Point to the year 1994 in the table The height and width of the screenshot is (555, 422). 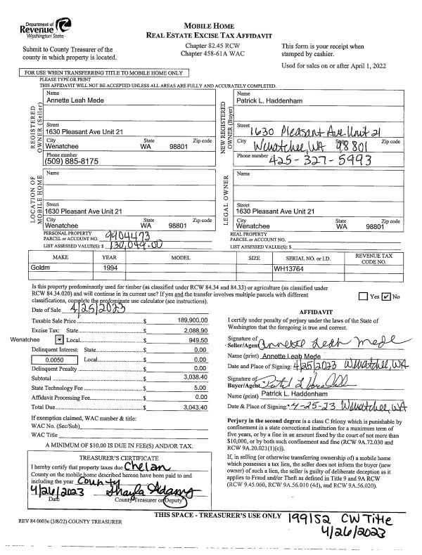coord(110,268)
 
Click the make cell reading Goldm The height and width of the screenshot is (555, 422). coord(41,268)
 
